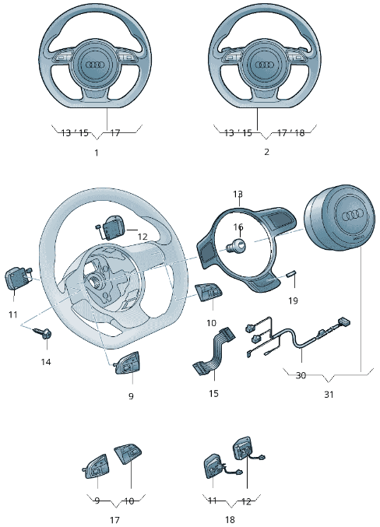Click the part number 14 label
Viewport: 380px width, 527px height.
[46, 362]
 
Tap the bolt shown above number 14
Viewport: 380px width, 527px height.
[44, 335]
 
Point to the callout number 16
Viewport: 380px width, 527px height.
[238, 227]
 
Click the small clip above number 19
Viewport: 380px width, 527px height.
[293, 272]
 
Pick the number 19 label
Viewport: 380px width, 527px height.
[293, 300]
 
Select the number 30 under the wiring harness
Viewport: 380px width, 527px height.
[301, 374]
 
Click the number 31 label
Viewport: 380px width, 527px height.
[329, 395]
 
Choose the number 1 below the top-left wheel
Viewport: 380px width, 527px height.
[97, 153]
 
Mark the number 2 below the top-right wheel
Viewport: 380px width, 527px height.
[266, 153]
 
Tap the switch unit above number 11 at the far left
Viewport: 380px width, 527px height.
[18, 278]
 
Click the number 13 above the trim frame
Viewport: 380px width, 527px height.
[238, 194]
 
